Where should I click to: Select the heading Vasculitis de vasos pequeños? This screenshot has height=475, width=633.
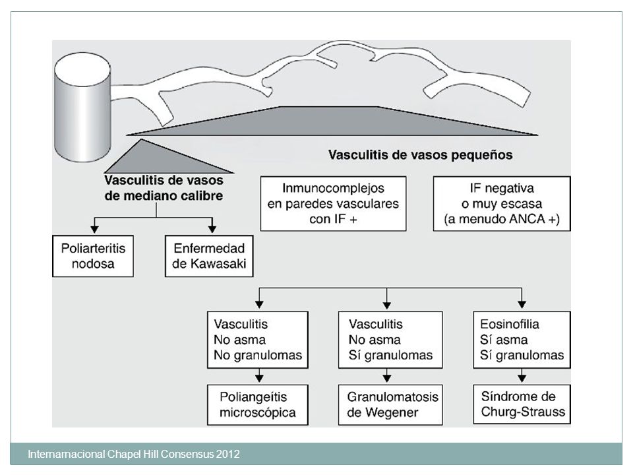pos(420,154)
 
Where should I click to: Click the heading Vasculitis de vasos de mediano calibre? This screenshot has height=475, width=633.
pos(164,188)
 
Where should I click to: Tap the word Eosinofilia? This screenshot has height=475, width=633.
pos(510,324)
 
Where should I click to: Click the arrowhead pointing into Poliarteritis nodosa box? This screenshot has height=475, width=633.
pos(94,229)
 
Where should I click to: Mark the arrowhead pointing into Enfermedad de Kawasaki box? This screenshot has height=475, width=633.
pos(212,229)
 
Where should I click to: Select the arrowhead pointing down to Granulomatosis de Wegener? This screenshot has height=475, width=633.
pos(387,378)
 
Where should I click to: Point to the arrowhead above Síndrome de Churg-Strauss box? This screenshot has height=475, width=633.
pos(522,378)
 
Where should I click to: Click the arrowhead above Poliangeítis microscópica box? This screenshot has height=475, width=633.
pos(259,378)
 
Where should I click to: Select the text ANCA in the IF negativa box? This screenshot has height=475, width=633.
pos(526,219)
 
